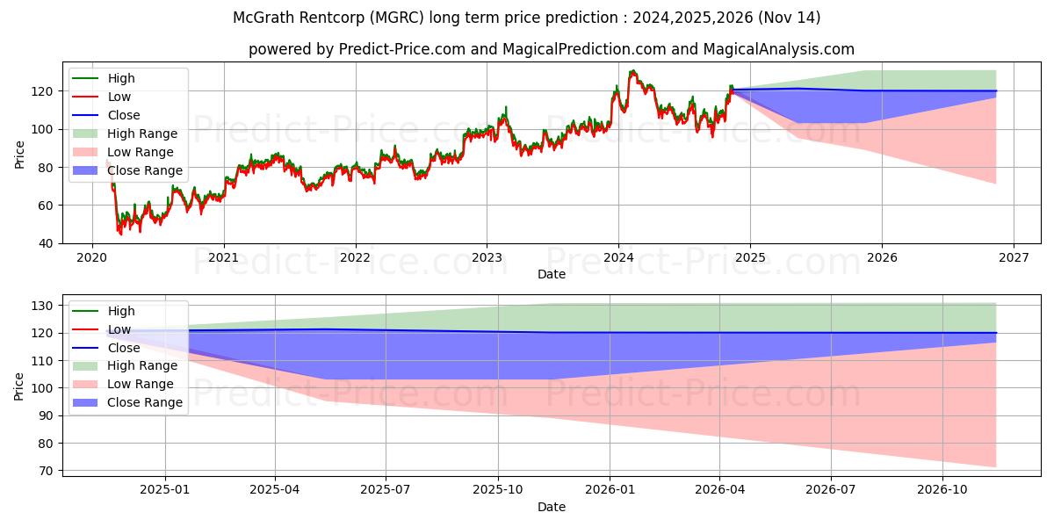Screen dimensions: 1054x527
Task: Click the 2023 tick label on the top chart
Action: click(x=487, y=258)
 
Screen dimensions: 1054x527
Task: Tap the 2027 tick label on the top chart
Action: click(x=1014, y=258)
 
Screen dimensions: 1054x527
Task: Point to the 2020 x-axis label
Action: click(x=91, y=258)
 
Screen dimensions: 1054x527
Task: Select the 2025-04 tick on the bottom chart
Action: click(x=275, y=490)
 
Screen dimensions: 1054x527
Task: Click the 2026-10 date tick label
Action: click(x=942, y=490)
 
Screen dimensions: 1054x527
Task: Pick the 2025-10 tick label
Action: click(x=498, y=490)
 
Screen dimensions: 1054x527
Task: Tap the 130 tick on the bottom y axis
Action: click(x=42, y=306)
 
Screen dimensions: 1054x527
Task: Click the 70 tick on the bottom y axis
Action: click(x=46, y=471)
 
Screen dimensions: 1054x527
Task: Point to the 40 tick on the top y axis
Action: click(x=46, y=244)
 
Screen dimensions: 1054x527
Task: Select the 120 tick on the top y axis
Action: click(x=42, y=91)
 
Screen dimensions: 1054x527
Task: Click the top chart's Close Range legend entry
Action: click(x=128, y=170)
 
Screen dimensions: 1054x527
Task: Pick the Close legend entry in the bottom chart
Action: click(x=106, y=348)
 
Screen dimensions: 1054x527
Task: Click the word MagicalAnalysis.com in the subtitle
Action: click(x=779, y=49)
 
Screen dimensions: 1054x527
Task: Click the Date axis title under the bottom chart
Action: click(x=552, y=507)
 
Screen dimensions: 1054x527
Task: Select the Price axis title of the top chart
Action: click(x=19, y=155)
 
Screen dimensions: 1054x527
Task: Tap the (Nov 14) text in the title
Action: click(x=789, y=18)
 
